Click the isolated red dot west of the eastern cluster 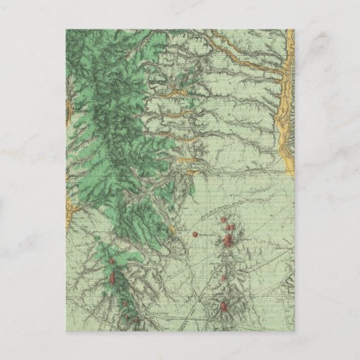195,234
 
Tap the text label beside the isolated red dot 206,236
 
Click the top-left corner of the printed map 66,29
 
